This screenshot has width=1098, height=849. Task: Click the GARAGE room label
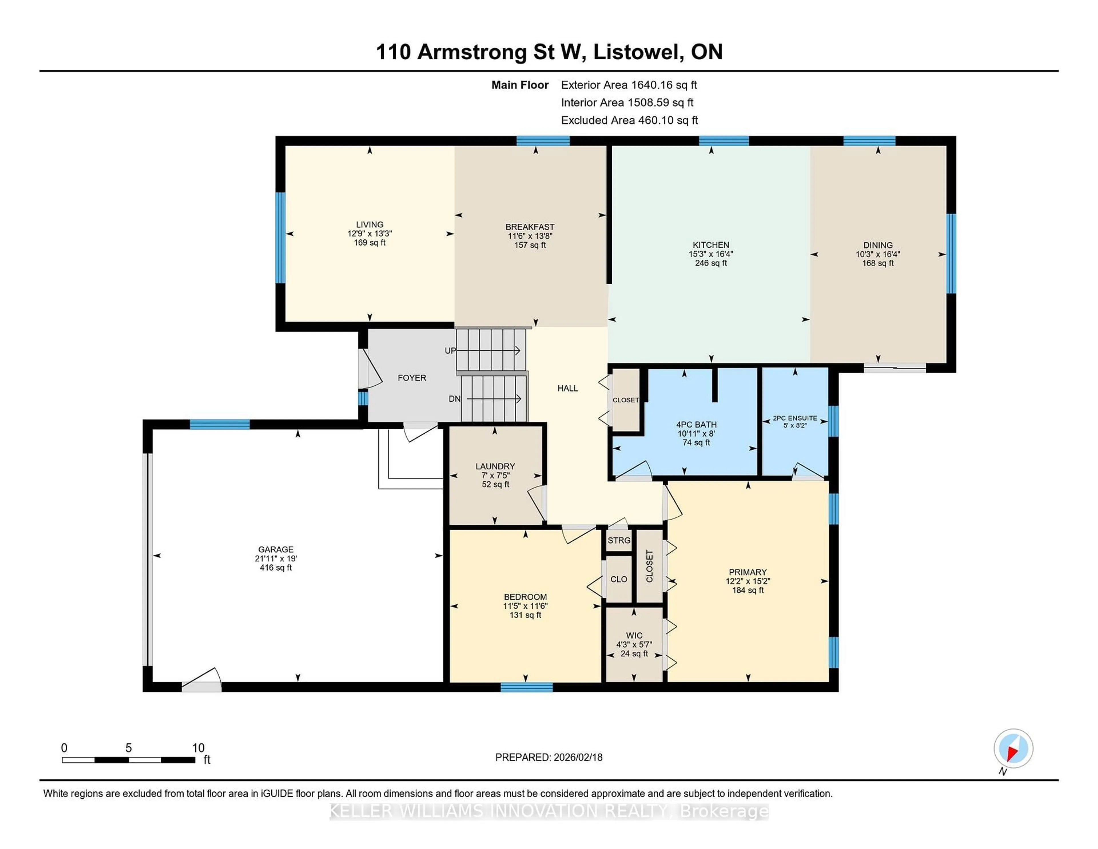pos(276,549)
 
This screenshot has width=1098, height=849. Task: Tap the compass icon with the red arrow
pos(1013,748)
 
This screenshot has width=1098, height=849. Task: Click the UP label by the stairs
pos(450,351)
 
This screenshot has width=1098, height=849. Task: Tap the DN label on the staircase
pos(454,399)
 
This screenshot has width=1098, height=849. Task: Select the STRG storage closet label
pos(618,540)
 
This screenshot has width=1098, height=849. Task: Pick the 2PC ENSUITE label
pos(795,418)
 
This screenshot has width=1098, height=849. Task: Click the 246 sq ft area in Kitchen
pos(711,263)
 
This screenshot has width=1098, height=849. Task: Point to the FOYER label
pos(412,378)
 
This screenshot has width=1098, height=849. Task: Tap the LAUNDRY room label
pos(495,466)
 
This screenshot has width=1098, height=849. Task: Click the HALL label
pos(568,388)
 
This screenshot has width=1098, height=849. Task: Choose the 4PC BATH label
pos(696,424)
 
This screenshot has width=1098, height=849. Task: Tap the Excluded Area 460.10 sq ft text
pos(629,120)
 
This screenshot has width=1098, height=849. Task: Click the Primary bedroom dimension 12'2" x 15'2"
pos(748,581)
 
